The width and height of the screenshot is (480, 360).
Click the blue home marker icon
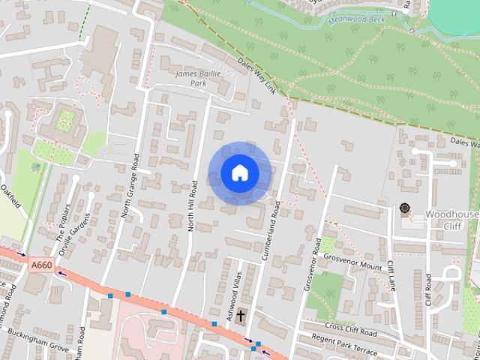tap(239, 172)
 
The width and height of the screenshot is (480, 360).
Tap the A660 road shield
tap(41, 265)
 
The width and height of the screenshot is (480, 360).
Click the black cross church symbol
tap(241, 316)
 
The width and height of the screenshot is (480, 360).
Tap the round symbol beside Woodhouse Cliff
tap(406, 208)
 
